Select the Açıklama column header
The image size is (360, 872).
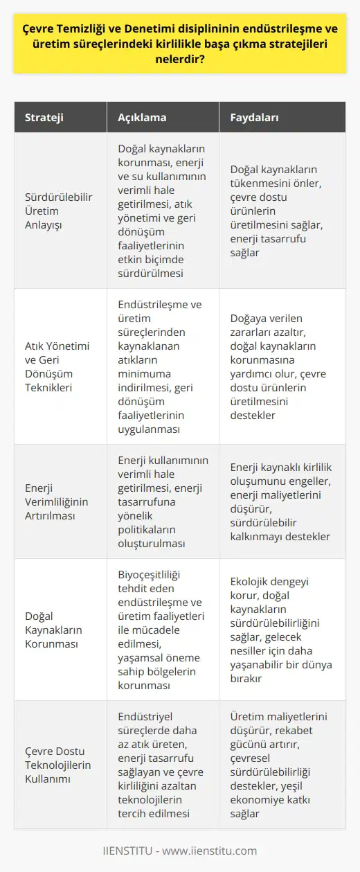147,117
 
